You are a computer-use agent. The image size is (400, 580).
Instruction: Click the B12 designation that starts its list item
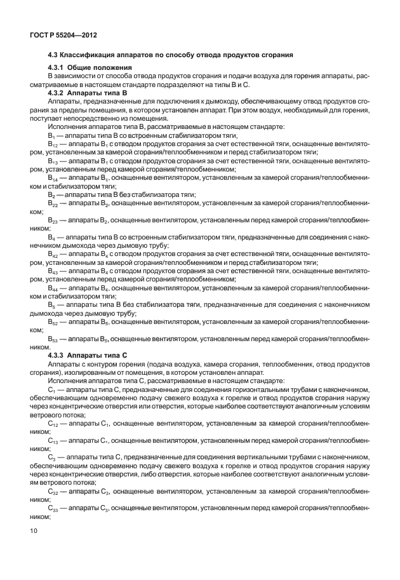(53, 145)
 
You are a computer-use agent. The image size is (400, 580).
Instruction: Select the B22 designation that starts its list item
(53, 203)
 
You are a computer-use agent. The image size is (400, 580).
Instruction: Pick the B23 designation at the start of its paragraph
(53, 220)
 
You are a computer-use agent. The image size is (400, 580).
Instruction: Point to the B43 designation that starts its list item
(53, 271)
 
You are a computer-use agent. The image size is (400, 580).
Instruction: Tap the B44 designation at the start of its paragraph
(53, 288)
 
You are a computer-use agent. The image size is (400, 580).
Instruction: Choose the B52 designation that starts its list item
(53, 322)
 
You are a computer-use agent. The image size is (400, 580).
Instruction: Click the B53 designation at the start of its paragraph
(53, 339)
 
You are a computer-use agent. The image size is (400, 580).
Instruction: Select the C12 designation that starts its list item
(53, 422)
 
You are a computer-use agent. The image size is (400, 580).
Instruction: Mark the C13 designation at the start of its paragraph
(53, 439)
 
